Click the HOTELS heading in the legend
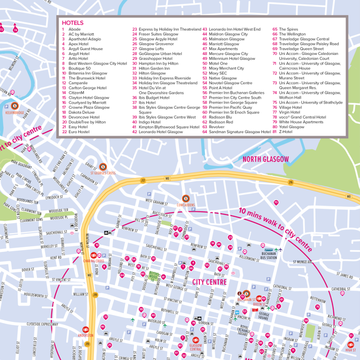click(x=73, y=22)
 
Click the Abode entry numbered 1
click(x=74, y=29)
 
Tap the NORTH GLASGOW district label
click(x=266, y=159)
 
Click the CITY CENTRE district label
click(x=209, y=282)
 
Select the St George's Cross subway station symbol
click(x=103, y=167)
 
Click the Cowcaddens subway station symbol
click(x=185, y=199)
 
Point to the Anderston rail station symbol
click(x=86, y=329)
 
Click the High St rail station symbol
click(x=351, y=343)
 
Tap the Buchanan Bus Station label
click(x=268, y=256)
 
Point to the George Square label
click(x=263, y=316)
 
